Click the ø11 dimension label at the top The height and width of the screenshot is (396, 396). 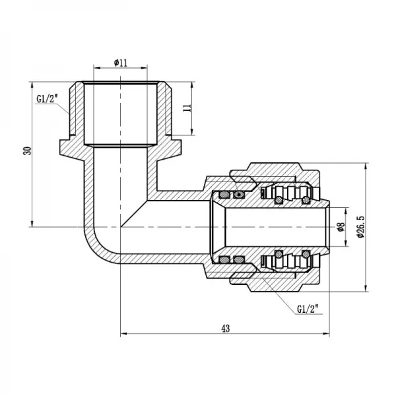click(x=120, y=62)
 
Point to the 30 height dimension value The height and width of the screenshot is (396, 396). click(x=27, y=150)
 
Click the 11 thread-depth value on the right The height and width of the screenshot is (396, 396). click(x=187, y=108)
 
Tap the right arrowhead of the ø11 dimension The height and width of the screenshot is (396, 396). click(x=156, y=68)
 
